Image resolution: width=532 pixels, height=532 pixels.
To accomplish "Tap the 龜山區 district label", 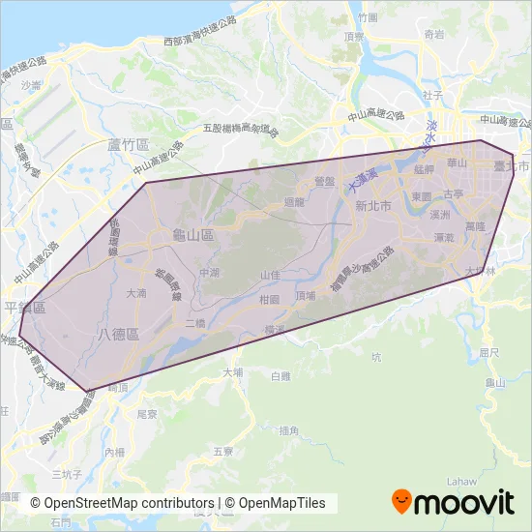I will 192,235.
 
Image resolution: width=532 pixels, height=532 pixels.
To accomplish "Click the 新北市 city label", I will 372,206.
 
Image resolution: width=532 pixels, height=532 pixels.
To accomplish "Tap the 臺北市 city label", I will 512,166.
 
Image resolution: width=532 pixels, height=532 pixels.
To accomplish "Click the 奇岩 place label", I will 433,34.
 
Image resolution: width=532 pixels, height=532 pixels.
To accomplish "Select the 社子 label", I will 432,96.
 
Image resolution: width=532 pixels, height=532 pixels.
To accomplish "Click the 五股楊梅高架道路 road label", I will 240,129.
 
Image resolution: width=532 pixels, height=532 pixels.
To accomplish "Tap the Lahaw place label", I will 458,480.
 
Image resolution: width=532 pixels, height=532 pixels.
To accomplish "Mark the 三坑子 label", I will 66,475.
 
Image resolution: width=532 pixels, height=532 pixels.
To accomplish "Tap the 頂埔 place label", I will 306,295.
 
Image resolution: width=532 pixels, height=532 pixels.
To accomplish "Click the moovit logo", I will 452,502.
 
